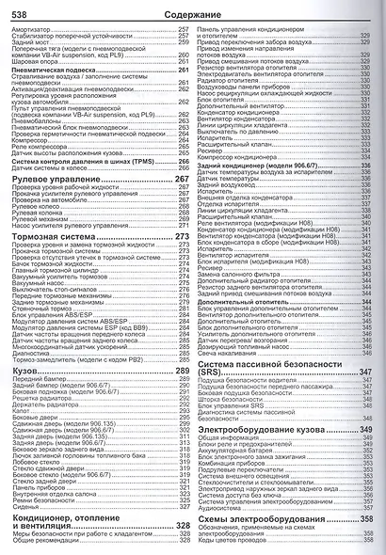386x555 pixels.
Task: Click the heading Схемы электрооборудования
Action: click(259, 519)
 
